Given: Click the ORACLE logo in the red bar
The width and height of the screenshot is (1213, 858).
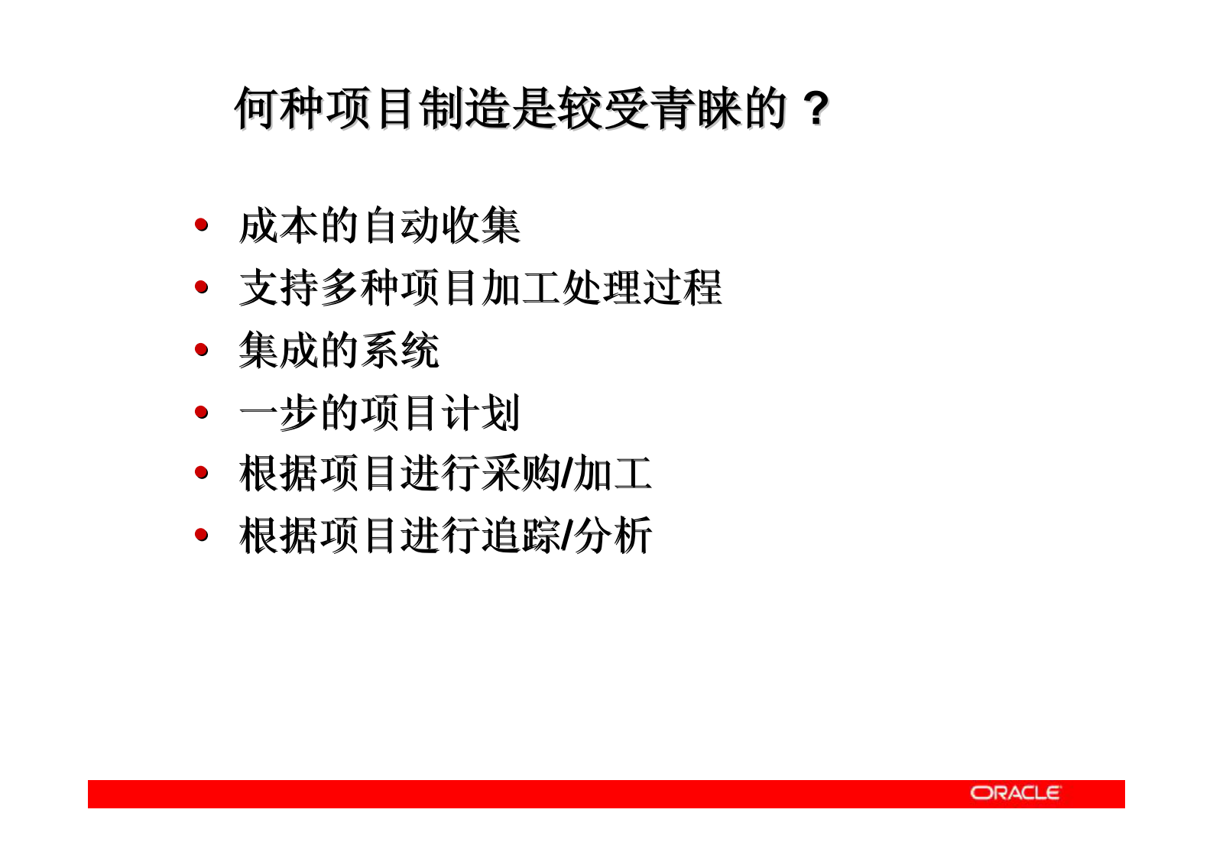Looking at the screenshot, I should click(1015, 793).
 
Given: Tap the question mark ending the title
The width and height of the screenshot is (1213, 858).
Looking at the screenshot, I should click(816, 108).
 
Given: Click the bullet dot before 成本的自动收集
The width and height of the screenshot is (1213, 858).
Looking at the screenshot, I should click(201, 225).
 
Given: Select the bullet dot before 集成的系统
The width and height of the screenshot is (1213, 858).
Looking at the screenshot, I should click(201, 350).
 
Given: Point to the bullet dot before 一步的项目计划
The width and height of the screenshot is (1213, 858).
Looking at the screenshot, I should click(201, 413).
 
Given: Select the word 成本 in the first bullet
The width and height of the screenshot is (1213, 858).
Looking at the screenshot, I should click(279, 226).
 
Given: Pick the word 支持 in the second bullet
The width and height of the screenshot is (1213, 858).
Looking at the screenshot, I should click(279, 288).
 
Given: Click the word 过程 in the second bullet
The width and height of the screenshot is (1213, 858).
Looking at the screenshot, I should click(683, 288).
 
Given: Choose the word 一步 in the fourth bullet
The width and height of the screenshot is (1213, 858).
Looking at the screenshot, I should click(279, 413).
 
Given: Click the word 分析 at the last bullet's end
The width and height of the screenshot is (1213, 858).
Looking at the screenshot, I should click(613, 535).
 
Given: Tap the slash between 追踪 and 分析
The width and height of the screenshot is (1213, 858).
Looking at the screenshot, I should click(566, 535).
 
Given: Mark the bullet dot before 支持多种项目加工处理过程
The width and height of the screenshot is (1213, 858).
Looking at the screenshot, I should click(201, 287).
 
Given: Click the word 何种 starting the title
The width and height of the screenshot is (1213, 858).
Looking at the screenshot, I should click(280, 108).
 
